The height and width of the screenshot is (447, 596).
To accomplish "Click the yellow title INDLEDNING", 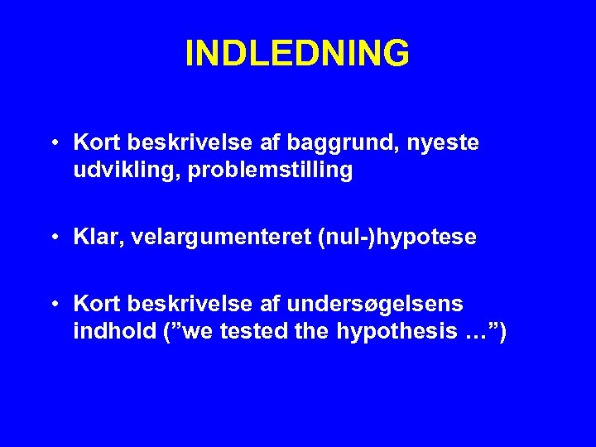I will [297, 53].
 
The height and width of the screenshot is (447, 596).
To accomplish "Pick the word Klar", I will [95, 238].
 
